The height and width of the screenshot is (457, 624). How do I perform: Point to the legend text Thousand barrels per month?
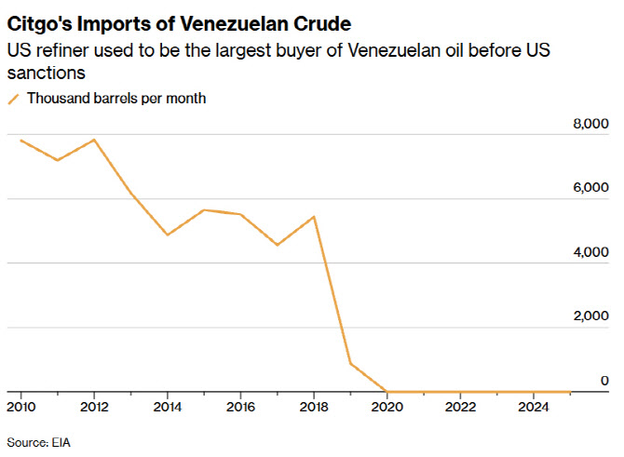coord(115,98)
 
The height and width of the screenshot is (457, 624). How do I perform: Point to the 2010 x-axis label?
coord(20,407)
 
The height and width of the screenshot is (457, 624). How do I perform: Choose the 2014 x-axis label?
coord(167,407)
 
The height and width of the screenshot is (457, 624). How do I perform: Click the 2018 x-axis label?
coord(314,407)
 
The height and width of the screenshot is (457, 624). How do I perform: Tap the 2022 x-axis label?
coord(461,407)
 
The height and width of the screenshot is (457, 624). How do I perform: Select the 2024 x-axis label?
coord(534,407)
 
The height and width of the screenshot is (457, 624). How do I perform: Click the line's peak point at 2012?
coord(94,140)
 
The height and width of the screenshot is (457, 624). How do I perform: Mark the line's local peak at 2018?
coord(314,217)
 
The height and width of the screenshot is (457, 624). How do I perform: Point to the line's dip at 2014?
coord(167,235)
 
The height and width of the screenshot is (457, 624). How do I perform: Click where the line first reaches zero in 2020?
coord(387,391)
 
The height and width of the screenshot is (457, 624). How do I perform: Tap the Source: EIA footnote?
coord(38,441)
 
